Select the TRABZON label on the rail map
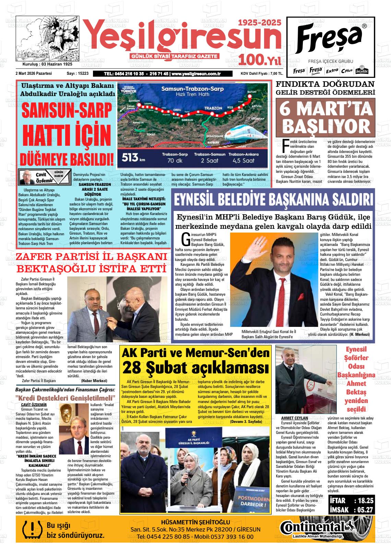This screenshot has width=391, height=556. [x=213, y=108]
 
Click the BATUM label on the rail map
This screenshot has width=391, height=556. [x=252, y=92]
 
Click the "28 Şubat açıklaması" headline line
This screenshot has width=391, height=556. [x=195, y=368]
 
